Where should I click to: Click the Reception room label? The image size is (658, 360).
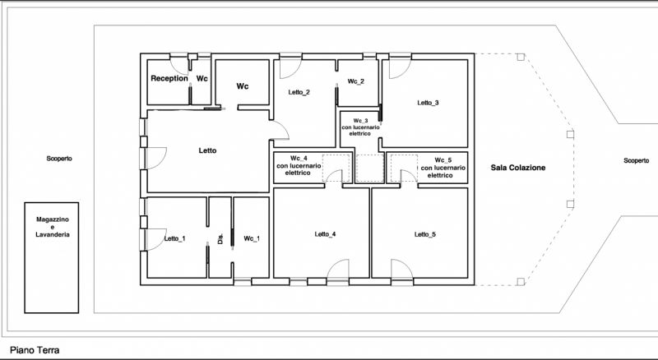169,78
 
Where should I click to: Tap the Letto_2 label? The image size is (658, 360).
299,92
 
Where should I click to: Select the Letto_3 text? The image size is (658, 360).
428,103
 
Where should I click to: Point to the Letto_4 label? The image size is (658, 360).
325,234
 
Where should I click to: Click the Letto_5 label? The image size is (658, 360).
425,234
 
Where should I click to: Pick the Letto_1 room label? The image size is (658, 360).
174,238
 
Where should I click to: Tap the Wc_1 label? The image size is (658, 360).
252,238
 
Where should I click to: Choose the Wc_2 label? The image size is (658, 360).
356,81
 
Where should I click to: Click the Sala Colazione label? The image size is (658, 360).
518,168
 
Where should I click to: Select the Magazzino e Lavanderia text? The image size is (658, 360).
53,227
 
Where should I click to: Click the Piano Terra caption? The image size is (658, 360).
35,350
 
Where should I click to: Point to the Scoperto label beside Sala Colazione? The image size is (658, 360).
636,161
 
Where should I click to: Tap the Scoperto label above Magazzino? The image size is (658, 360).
59,159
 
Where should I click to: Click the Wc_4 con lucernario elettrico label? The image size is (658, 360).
299,166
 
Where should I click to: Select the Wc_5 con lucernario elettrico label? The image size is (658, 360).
443,168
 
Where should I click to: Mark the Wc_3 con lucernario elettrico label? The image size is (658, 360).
360,127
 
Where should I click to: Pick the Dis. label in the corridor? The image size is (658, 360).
220,239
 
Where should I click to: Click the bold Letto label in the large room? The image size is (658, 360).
208,150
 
